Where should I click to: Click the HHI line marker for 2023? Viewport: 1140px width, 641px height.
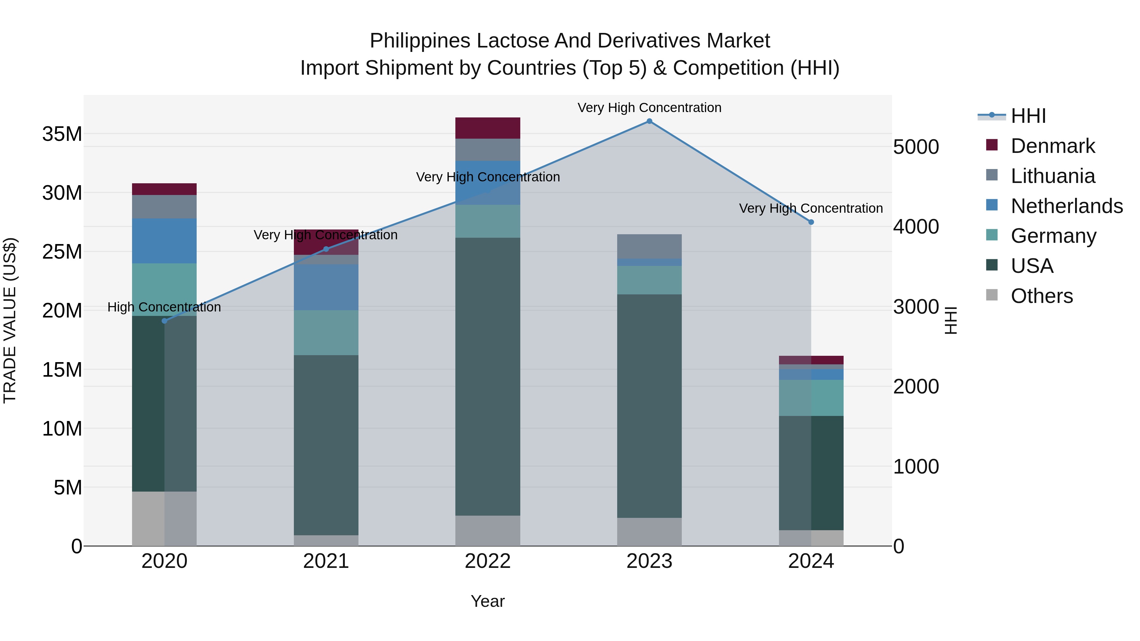click(x=649, y=121)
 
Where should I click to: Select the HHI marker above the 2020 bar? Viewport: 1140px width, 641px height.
click(x=165, y=321)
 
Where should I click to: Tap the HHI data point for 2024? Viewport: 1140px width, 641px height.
click(x=811, y=222)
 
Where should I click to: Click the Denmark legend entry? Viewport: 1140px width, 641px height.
click(x=1052, y=146)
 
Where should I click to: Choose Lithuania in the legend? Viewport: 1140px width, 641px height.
click(x=1052, y=176)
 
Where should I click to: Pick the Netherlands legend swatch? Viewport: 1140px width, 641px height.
click(x=992, y=205)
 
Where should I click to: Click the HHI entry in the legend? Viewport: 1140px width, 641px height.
click(x=1028, y=116)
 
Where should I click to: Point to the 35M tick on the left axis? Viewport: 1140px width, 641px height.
click(x=62, y=134)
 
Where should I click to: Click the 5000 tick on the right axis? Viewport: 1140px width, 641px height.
click(x=915, y=147)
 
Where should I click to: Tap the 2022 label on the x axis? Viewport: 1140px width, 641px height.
click(x=488, y=561)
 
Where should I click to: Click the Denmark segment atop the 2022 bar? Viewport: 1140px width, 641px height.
click(x=488, y=128)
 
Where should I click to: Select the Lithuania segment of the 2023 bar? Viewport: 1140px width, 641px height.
click(x=649, y=246)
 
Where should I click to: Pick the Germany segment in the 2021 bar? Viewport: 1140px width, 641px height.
click(x=326, y=333)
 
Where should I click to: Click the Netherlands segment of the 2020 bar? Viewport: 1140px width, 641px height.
click(x=165, y=241)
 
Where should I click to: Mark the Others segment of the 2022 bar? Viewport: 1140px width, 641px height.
click(x=488, y=531)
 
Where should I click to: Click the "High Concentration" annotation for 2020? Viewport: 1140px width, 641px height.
click(x=164, y=307)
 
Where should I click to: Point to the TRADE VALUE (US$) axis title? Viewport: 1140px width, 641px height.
click(x=10, y=320)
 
